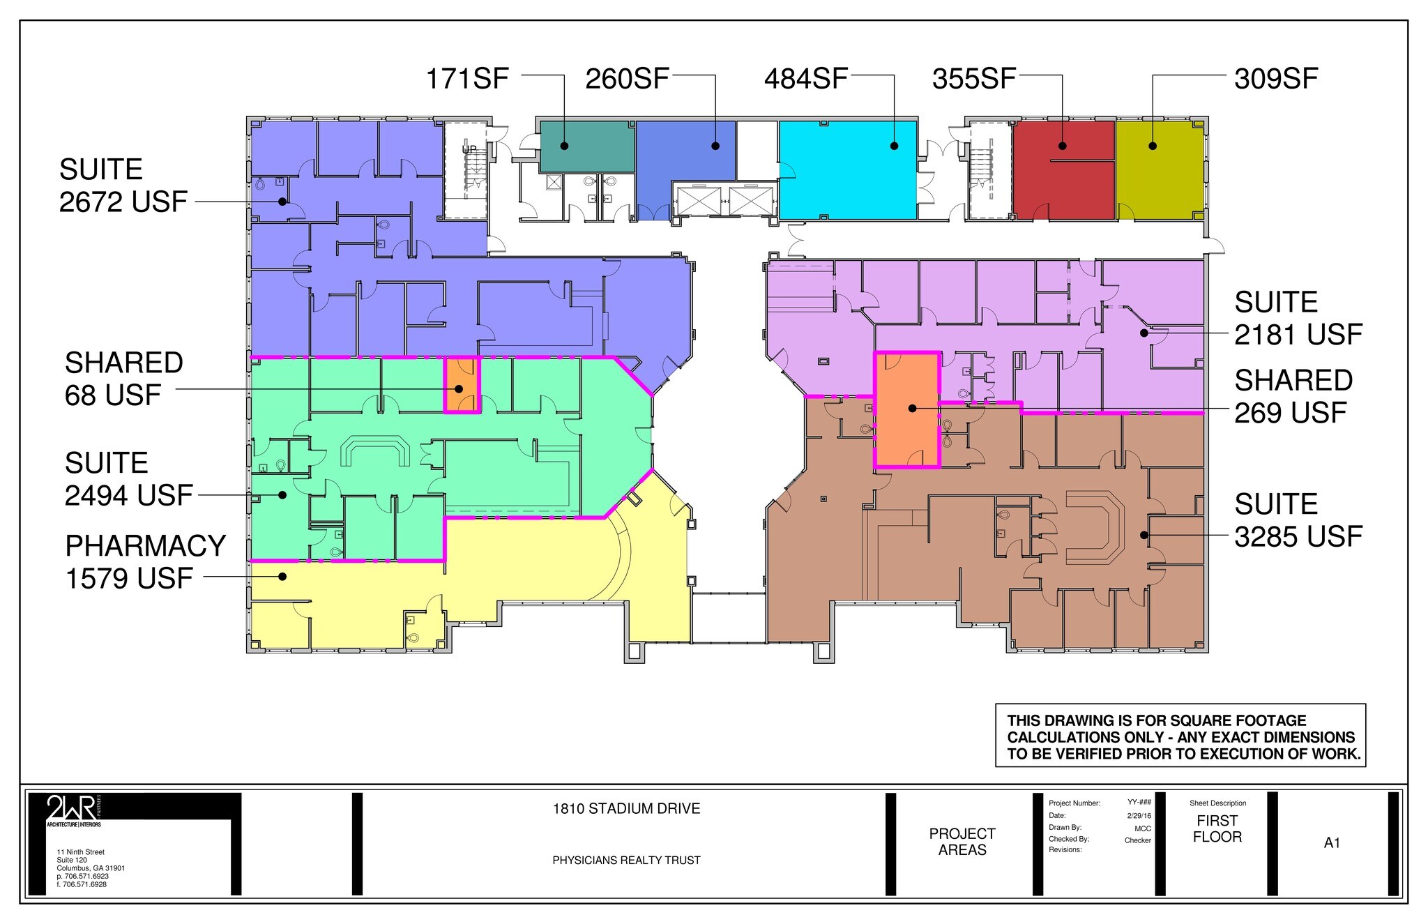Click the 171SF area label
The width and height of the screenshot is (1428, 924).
(467, 79)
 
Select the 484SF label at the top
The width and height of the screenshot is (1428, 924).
(805, 79)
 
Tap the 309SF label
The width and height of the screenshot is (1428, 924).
(1275, 79)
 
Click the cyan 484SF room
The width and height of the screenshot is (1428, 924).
(847, 174)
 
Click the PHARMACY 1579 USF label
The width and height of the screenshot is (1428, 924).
(145, 562)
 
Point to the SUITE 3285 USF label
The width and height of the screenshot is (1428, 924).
(1298, 520)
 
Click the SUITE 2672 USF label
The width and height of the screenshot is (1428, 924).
(123, 185)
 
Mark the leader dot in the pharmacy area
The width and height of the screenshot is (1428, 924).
(282, 576)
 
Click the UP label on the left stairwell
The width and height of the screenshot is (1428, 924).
(469, 149)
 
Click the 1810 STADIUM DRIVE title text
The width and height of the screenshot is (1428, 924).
(626, 809)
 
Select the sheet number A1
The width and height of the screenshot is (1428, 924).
(1332, 843)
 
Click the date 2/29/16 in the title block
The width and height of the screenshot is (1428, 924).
(1139, 815)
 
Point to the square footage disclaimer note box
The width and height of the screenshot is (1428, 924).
(1180, 736)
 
